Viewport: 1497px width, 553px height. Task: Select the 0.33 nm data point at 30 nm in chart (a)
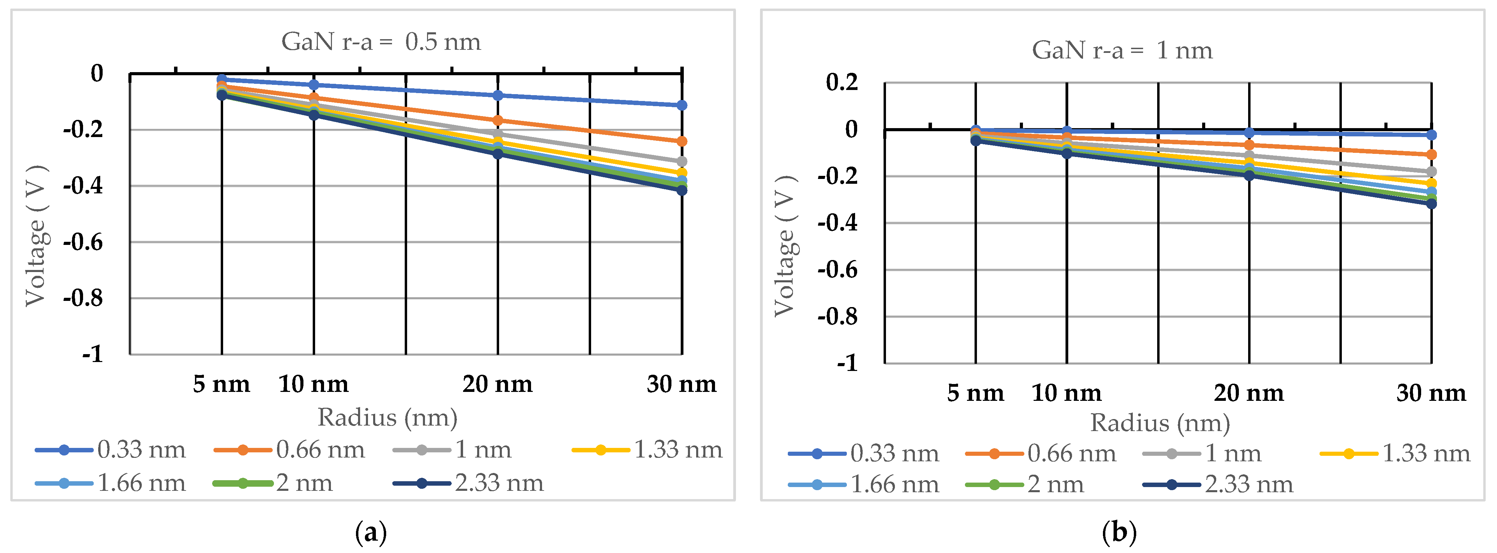click(x=682, y=105)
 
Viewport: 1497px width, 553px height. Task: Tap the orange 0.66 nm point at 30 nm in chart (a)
click(x=682, y=141)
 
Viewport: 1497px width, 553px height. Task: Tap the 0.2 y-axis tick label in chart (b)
click(x=842, y=82)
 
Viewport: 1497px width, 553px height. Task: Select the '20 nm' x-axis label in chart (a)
click(x=497, y=384)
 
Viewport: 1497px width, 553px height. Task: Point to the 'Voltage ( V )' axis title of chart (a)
click(x=36, y=236)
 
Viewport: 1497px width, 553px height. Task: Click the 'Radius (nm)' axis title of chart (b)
click(x=1160, y=423)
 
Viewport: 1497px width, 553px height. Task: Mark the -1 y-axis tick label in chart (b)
click(x=847, y=363)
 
